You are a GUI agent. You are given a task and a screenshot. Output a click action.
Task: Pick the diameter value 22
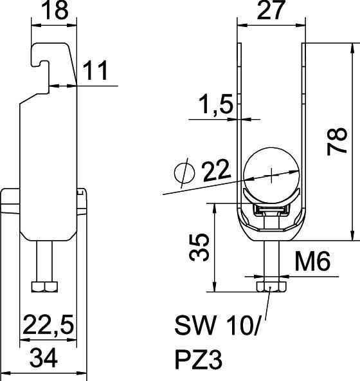coord(217,172)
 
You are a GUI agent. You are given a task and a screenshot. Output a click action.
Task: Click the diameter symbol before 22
coord(184,172)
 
